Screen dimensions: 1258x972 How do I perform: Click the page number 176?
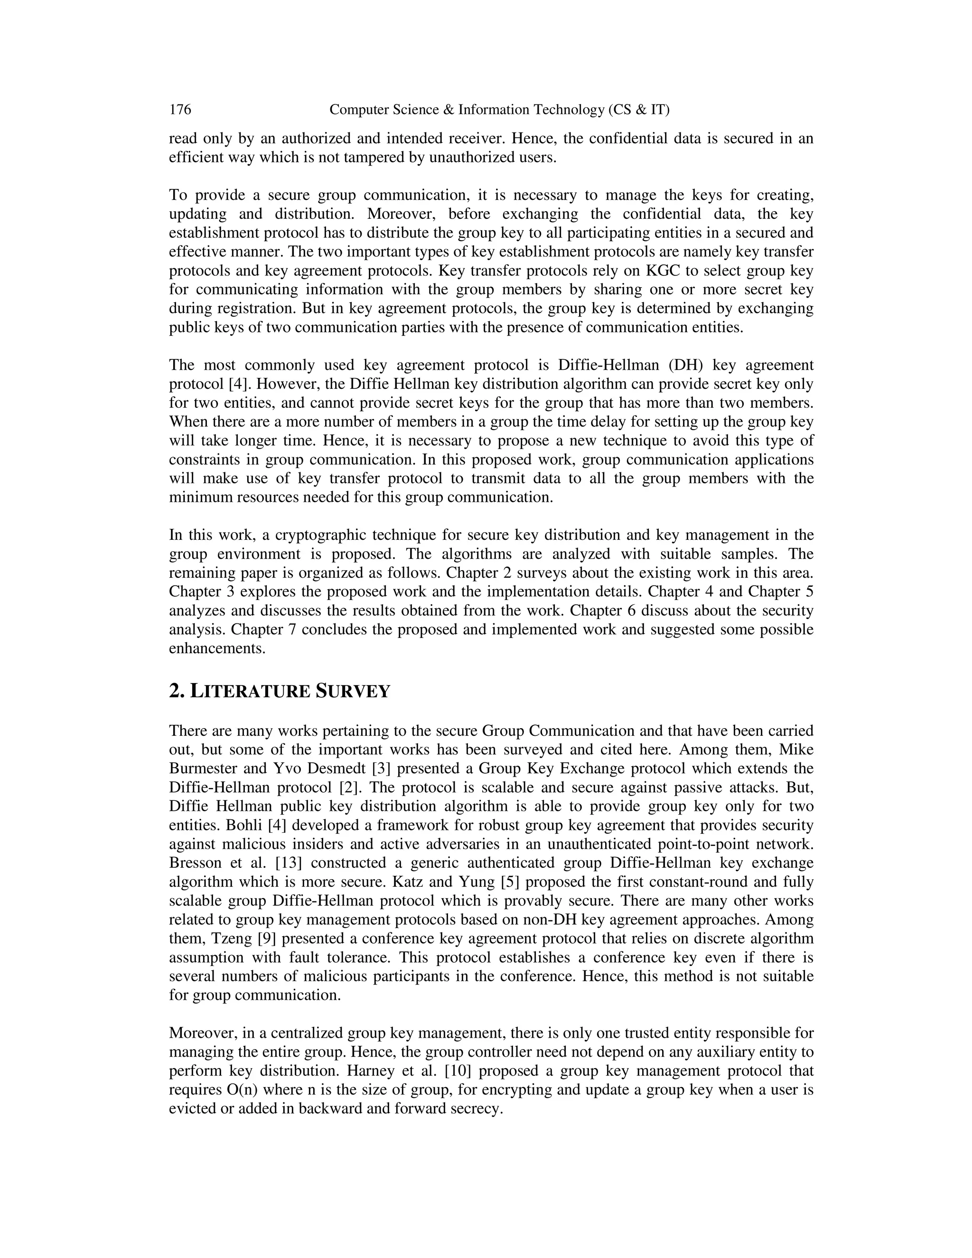pyautogui.click(x=180, y=110)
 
